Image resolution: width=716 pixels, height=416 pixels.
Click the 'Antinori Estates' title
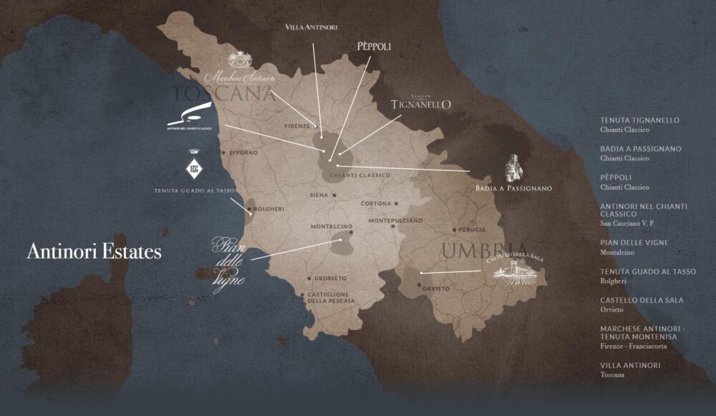[x=94, y=252]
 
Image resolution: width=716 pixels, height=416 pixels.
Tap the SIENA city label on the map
[x=319, y=195]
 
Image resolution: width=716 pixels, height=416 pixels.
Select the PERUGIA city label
[x=472, y=230]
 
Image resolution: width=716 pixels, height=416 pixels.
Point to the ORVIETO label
[x=436, y=289]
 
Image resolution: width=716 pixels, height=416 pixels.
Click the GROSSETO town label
[x=329, y=278]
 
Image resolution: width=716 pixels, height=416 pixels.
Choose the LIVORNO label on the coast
[x=243, y=153]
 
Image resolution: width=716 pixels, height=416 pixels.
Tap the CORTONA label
[x=376, y=203]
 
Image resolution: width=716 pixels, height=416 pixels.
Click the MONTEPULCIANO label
[x=395, y=221]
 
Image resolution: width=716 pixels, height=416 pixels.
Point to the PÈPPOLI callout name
[x=374, y=47]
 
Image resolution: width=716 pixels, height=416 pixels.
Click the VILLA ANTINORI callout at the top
[x=311, y=26]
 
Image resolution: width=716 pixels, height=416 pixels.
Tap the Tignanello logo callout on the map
[x=421, y=103]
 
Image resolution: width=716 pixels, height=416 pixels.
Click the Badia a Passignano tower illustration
[x=514, y=169]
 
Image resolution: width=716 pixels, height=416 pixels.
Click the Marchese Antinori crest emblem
[x=240, y=60]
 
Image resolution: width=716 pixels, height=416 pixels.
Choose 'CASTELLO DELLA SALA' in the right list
[x=642, y=300]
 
